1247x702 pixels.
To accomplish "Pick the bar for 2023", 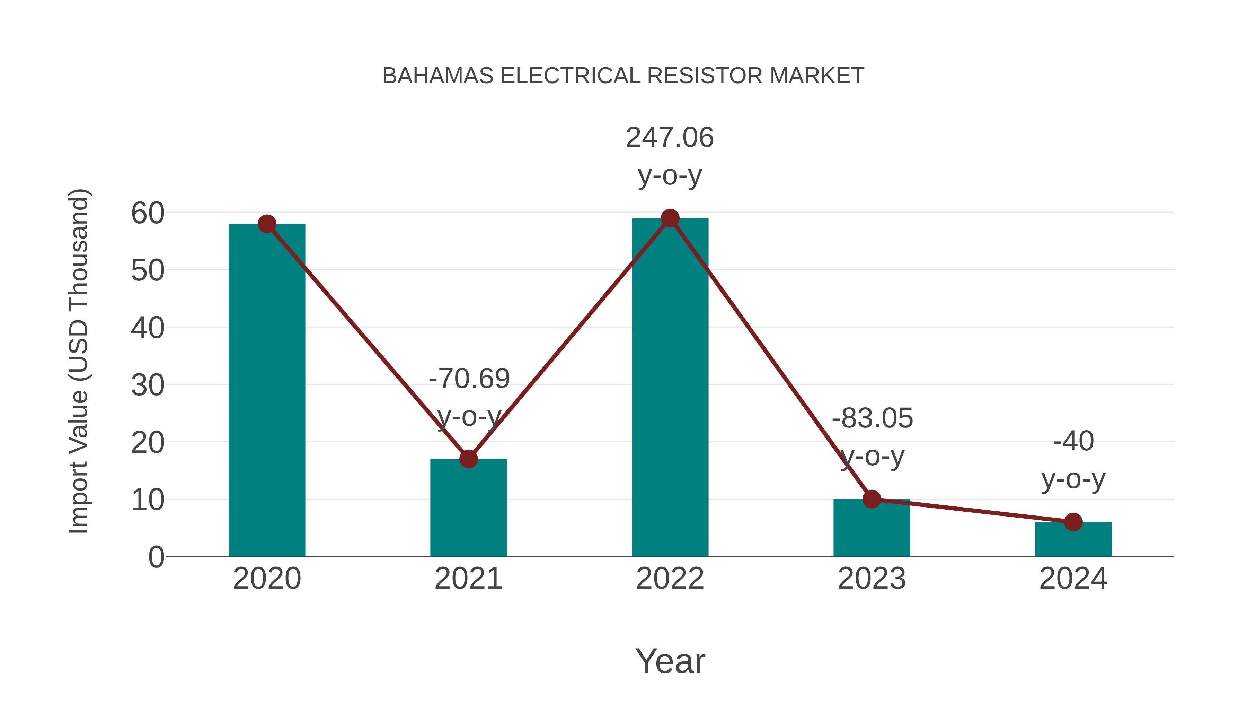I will tap(872, 528).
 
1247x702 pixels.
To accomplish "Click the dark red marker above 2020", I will tap(267, 224).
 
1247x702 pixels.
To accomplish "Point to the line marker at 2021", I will tap(468, 459).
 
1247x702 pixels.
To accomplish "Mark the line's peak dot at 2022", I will tap(670, 218).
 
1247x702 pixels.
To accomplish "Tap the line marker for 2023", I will tap(872, 499).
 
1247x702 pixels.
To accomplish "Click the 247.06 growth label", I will tap(670, 138).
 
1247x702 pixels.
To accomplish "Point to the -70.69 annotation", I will tap(469, 379).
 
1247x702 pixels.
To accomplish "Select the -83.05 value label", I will tap(872, 418).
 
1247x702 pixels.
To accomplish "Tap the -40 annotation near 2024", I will tap(1073, 441).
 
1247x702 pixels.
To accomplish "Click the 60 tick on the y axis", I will tap(148, 213).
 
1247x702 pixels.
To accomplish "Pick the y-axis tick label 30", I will tap(148, 385).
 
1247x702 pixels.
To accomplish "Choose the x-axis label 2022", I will tap(670, 579).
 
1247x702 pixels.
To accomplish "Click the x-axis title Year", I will tap(670, 661).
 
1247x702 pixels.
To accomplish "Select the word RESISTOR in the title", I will tap(706, 76).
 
